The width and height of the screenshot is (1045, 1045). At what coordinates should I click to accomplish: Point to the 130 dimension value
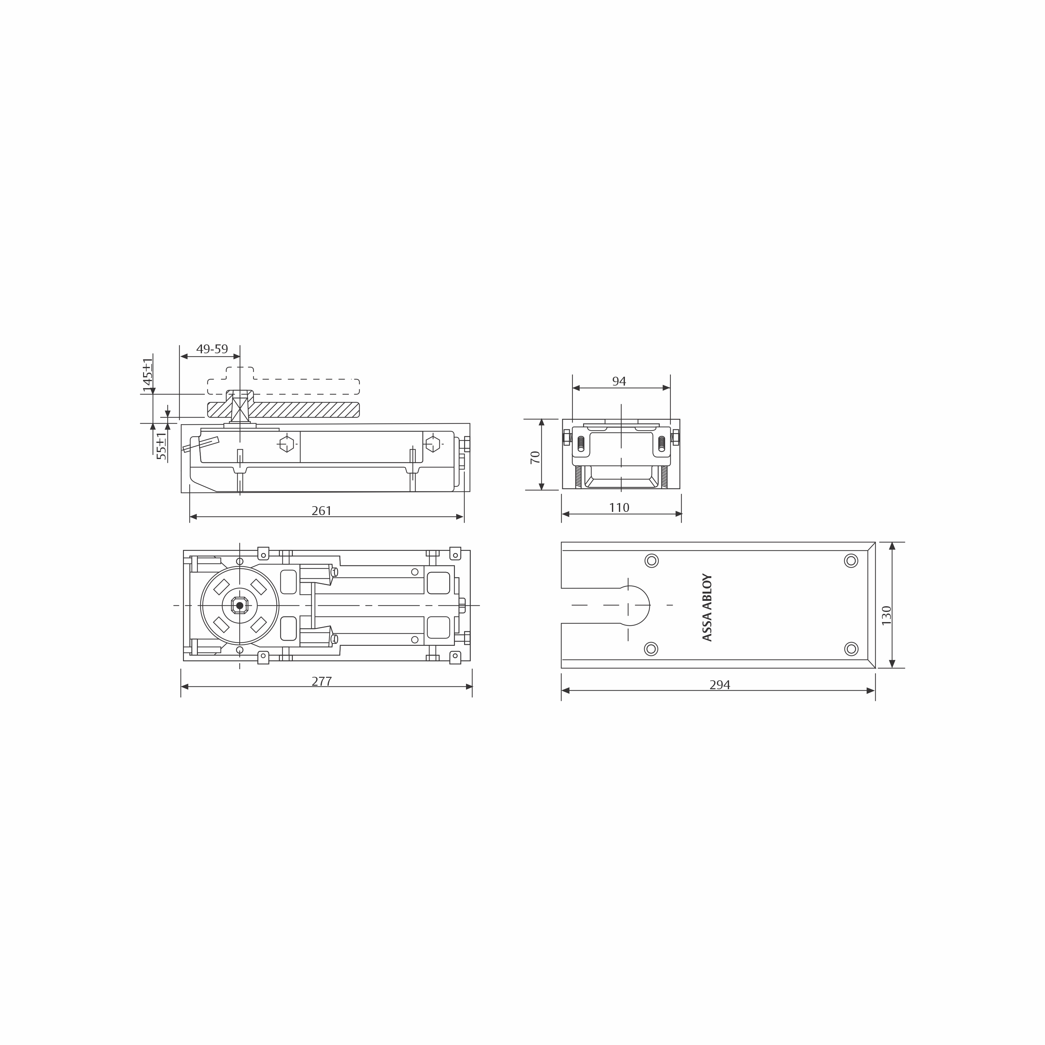tap(886, 615)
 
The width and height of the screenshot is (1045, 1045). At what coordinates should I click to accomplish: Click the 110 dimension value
tap(619, 507)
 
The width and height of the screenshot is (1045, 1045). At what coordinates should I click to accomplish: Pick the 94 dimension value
tap(619, 381)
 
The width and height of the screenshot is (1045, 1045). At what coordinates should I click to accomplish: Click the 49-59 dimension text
tap(212, 349)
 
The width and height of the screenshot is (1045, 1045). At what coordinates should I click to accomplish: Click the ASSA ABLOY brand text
tap(707, 607)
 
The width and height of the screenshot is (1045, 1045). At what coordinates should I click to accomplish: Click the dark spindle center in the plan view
tap(240, 605)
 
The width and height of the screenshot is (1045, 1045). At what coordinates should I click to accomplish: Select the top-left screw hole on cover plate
tap(651, 560)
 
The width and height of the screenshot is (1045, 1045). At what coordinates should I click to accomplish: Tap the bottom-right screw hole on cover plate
tap(851, 649)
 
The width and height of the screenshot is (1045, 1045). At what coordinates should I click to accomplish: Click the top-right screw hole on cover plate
tap(851, 560)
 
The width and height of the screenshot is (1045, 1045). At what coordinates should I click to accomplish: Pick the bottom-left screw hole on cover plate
tap(651, 649)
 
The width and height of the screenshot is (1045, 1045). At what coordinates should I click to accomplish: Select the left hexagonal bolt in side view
tap(287, 444)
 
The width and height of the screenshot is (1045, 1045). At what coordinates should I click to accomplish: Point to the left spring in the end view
tap(581, 444)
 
